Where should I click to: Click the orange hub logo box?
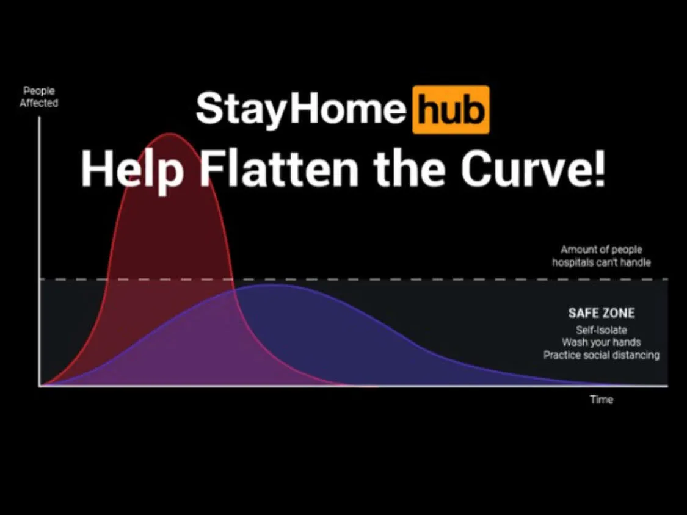pyautogui.click(x=451, y=109)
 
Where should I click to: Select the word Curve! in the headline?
pyautogui.click(x=533, y=168)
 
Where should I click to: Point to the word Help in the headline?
pyautogui.click(x=133, y=171)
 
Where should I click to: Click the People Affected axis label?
pyautogui.click(x=39, y=97)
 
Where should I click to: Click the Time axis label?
pyautogui.click(x=601, y=400)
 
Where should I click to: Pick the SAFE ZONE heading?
pyautogui.click(x=601, y=312)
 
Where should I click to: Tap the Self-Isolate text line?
pyautogui.click(x=601, y=330)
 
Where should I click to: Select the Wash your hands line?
pyautogui.click(x=601, y=342)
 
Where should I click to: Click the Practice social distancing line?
pyautogui.click(x=601, y=355)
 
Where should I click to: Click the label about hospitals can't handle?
pyautogui.click(x=601, y=256)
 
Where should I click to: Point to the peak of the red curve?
pyautogui.click(x=170, y=134)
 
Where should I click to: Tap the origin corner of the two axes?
pyautogui.click(x=40, y=386)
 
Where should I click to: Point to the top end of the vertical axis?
pyautogui.click(x=40, y=117)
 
